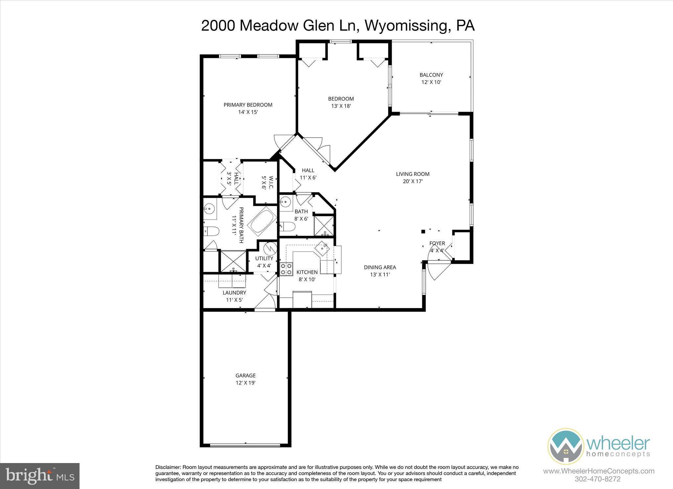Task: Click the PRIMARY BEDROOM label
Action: pyautogui.click(x=248, y=105)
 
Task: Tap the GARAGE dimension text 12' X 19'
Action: pyautogui.click(x=245, y=383)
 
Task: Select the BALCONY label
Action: pyautogui.click(x=431, y=75)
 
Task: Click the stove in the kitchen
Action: pyautogui.click(x=286, y=269)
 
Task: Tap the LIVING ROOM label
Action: pyautogui.click(x=412, y=174)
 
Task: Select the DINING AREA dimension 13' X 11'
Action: pyautogui.click(x=380, y=275)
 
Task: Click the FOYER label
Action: pyautogui.click(x=437, y=243)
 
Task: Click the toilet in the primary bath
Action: pyautogui.click(x=211, y=232)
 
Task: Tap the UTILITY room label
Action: pyautogui.click(x=264, y=258)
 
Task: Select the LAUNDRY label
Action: pyautogui.click(x=234, y=293)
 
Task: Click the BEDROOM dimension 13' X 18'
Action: pyautogui.click(x=341, y=106)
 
